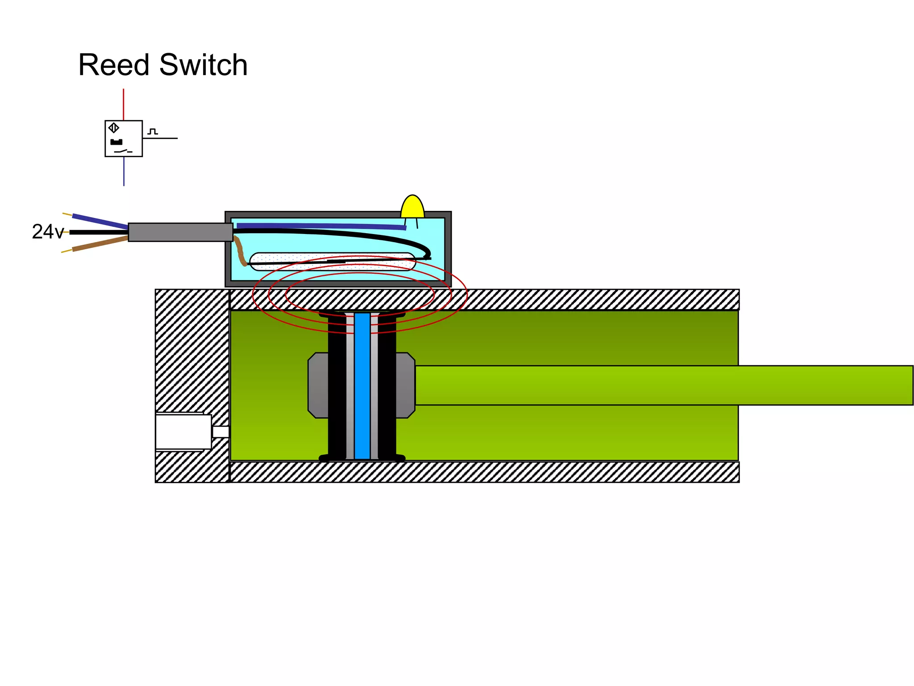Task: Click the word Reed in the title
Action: [x=113, y=65]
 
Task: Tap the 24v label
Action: [x=47, y=232]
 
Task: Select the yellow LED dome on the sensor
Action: [x=412, y=207]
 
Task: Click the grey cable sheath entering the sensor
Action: [x=180, y=232]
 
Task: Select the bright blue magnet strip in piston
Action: [x=362, y=386]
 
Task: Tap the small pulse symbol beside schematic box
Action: [x=153, y=132]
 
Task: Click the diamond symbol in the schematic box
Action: [x=114, y=128]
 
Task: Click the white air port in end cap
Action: [x=183, y=431]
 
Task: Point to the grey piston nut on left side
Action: [x=318, y=385]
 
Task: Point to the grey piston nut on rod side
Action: [x=405, y=385]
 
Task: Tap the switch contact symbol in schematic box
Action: [x=123, y=151]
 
